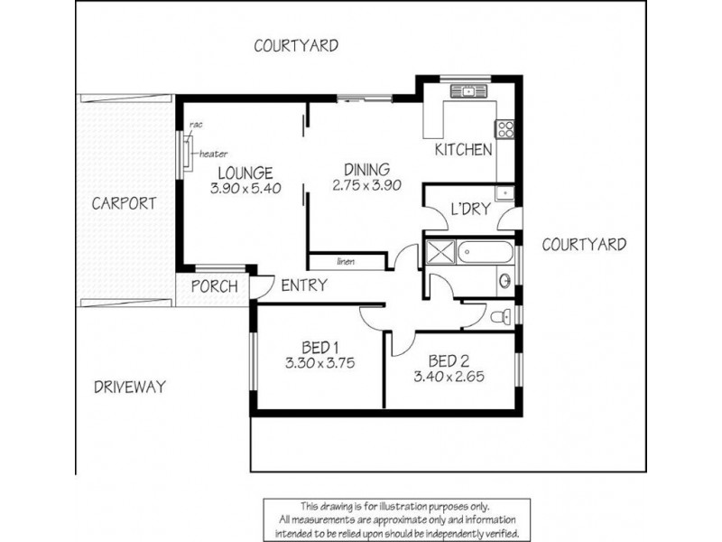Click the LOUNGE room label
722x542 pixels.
tap(245, 173)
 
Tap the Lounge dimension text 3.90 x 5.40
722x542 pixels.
tap(245, 189)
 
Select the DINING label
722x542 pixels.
tap(367, 169)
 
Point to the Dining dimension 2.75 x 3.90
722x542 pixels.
tap(367, 185)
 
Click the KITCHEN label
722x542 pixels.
tap(463, 150)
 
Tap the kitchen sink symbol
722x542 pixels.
tap(468, 91)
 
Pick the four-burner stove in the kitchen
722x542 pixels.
tap(504, 128)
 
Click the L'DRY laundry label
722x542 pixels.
tap(470, 210)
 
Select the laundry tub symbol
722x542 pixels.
tap(505, 192)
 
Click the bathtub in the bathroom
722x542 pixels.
tap(486, 252)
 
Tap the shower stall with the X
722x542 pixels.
tap(440, 252)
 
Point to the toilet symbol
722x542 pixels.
tap(501, 317)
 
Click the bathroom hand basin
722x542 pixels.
tap(505, 281)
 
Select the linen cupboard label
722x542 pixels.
tap(346, 262)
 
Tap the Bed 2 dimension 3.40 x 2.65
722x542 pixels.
tap(449, 377)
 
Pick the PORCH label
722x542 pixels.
tap(215, 286)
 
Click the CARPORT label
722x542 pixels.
tap(124, 203)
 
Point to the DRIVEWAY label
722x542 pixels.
tap(130, 387)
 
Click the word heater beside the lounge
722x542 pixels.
tap(213, 154)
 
